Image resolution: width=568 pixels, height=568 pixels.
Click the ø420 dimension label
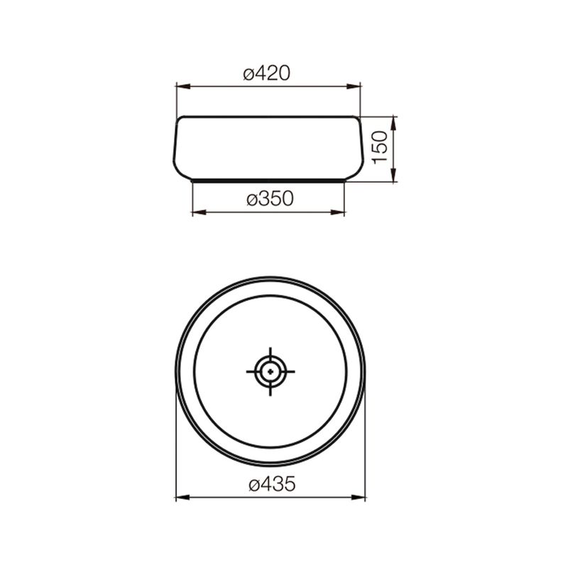(267, 74)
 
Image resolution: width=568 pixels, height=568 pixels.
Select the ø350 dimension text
(271, 199)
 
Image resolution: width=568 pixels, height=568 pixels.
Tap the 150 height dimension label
(381, 148)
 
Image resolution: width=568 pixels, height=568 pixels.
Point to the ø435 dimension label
(273, 484)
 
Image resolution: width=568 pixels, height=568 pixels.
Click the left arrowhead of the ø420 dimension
(183, 87)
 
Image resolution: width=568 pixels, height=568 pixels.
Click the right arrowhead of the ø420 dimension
(354, 87)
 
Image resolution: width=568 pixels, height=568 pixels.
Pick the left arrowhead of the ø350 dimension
(199, 212)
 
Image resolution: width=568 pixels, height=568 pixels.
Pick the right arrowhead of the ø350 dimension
(337, 212)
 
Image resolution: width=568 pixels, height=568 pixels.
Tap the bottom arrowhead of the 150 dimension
(394, 175)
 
